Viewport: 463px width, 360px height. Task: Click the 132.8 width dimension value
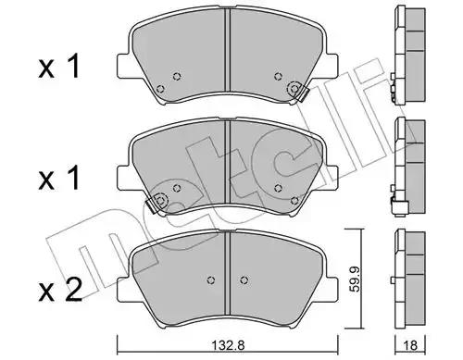pos(229,345)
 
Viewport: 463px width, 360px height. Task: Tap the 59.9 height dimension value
pos(356,280)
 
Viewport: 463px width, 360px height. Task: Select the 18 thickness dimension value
pos(410,345)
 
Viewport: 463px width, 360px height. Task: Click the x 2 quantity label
pos(60,290)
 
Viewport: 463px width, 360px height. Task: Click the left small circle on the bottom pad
pos(211,279)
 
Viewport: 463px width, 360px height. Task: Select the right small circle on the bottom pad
pos(244,279)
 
